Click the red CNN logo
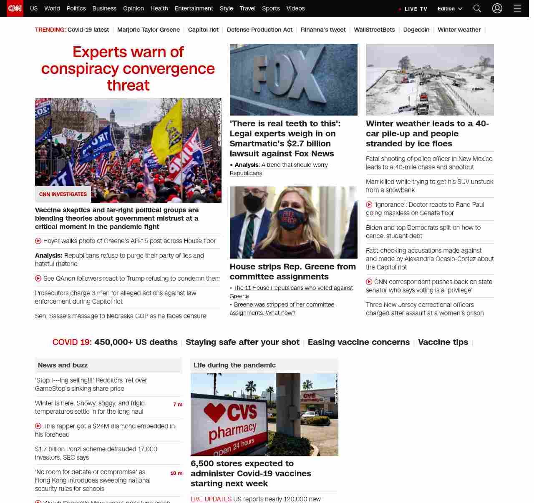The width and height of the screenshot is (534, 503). pyautogui.click(x=15, y=8)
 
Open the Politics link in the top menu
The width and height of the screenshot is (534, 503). pyautogui.click(x=76, y=8)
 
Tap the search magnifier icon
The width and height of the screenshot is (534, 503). pyautogui.click(x=477, y=8)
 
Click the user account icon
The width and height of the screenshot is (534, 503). pyautogui.click(x=497, y=8)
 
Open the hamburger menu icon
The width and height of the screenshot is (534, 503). pyautogui.click(x=517, y=8)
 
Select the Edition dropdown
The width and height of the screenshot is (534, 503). pyautogui.click(x=450, y=9)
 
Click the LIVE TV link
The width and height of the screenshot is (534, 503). pyautogui.click(x=413, y=9)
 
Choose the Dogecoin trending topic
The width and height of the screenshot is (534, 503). pyautogui.click(x=416, y=30)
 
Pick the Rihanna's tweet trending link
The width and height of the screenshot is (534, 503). pyautogui.click(x=323, y=30)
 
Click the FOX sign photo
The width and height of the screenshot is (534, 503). pyautogui.click(x=293, y=79)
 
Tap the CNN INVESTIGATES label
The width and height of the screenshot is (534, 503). pyautogui.click(x=63, y=194)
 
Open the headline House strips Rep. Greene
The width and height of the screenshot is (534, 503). pyautogui.click(x=292, y=272)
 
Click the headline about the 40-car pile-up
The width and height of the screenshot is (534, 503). pyautogui.click(x=427, y=133)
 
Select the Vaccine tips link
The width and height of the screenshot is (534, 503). pyautogui.click(x=443, y=342)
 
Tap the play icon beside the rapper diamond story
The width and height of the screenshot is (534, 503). pyautogui.click(x=38, y=426)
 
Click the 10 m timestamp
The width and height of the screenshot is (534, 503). pyautogui.click(x=176, y=473)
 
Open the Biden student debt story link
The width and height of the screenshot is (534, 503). pyautogui.click(x=423, y=231)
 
